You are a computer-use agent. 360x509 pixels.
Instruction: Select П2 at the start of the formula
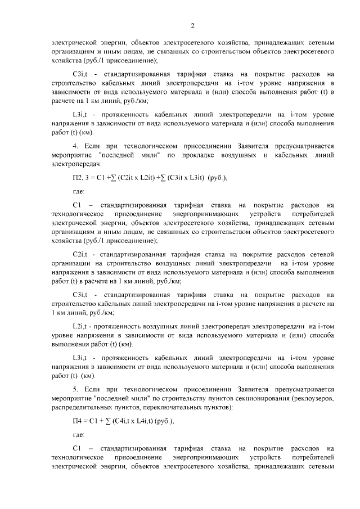coord(70,178)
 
